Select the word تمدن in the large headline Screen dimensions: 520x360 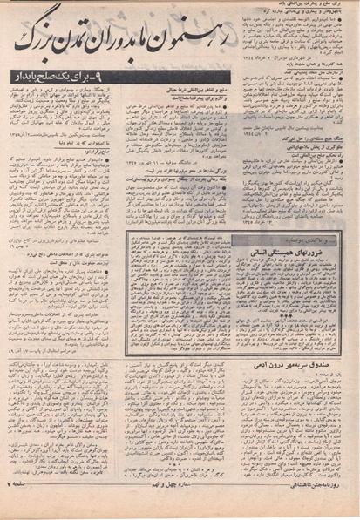click(98, 37)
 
